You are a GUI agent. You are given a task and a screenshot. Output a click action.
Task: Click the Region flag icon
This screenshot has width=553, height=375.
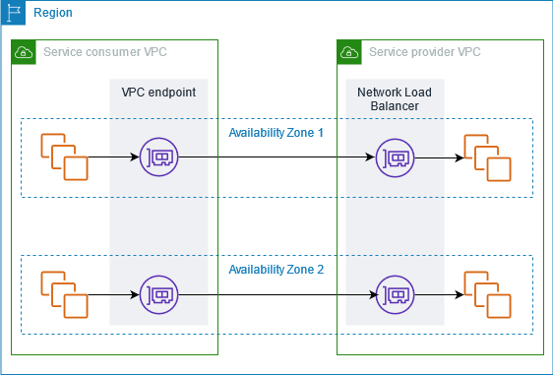tap(13, 13)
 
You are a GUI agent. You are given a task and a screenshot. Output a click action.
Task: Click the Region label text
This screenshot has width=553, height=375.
tap(53, 13)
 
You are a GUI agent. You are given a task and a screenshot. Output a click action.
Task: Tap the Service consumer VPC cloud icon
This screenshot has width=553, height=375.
tap(24, 52)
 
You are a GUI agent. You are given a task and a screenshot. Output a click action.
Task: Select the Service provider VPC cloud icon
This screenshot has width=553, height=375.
tap(349, 52)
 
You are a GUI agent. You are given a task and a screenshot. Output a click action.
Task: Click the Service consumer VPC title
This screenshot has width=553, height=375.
tap(105, 52)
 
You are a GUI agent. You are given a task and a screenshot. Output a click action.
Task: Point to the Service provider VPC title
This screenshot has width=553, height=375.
tap(425, 52)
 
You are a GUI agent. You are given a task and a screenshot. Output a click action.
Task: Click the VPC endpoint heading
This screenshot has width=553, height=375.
tap(158, 93)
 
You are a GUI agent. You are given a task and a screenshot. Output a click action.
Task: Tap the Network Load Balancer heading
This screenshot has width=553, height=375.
tap(395, 99)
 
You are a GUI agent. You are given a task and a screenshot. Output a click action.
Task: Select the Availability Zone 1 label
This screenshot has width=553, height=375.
tap(276, 133)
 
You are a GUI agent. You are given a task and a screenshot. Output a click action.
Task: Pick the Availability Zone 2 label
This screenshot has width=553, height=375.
tap(276, 270)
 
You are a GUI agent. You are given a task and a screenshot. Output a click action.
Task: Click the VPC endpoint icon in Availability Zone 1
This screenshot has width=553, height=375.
tap(159, 156)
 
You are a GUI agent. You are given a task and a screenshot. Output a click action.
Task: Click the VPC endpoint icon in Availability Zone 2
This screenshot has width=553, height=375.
tap(159, 294)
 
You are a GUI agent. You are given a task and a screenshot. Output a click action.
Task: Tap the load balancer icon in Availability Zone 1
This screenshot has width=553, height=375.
tap(395, 157)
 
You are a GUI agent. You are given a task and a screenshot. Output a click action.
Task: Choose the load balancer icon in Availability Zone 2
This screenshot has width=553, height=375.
tap(395, 294)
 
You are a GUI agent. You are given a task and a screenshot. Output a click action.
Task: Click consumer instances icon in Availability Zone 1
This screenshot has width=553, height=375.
tap(64, 156)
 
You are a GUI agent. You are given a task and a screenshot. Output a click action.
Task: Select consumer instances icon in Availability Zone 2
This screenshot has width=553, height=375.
tap(64, 294)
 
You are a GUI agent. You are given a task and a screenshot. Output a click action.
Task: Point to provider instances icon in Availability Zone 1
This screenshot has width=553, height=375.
tap(487, 157)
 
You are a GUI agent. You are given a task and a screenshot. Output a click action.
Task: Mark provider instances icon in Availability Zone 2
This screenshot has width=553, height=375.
tap(487, 294)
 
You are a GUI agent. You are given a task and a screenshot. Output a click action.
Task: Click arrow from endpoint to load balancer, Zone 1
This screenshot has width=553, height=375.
tap(276, 156)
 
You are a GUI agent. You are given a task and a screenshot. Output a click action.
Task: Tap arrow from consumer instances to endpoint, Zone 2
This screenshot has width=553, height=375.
tap(113, 294)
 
